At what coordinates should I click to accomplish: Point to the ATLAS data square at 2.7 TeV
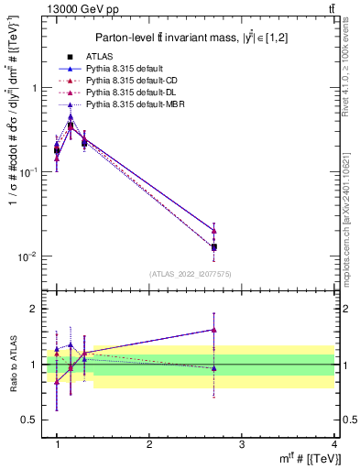213,247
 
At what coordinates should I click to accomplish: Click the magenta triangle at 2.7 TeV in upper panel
213,231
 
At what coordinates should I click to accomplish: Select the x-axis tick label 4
333,444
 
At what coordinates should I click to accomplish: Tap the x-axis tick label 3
241,444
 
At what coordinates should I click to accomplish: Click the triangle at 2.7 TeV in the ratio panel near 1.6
213,330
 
